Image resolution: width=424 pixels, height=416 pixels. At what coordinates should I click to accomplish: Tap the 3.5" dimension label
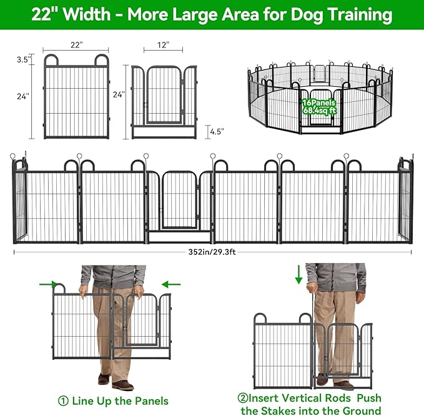coord(22,60)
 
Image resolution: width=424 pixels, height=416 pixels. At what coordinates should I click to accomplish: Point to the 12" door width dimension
coord(163,46)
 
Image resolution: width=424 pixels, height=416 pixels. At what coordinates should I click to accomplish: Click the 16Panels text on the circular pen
coord(318,102)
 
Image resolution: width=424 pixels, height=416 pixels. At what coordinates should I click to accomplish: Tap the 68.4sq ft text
coord(318,111)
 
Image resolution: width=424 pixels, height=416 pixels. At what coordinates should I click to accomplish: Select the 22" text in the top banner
coord(45,15)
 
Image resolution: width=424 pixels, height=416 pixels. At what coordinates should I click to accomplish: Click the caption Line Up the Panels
coord(120,400)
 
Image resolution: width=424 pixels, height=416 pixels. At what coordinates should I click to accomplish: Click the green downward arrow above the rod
coord(299,273)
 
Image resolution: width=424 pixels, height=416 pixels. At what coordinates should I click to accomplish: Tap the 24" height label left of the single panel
coord(22,96)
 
